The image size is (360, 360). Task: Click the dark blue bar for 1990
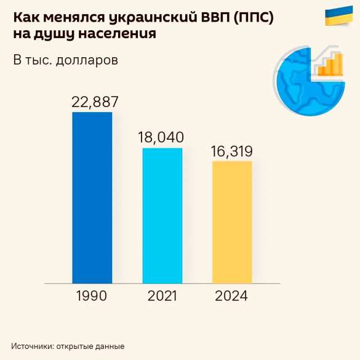click(x=92, y=197)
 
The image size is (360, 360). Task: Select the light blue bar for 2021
click(x=162, y=215)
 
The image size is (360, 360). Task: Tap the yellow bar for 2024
click(x=232, y=222)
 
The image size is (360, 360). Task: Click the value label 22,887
click(x=95, y=102)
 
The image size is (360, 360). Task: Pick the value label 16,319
click(x=231, y=151)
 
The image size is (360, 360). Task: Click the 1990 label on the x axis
click(x=92, y=296)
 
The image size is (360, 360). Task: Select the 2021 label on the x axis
click(x=162, y=296)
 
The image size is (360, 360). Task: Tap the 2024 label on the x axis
click(x=231, y=296)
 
